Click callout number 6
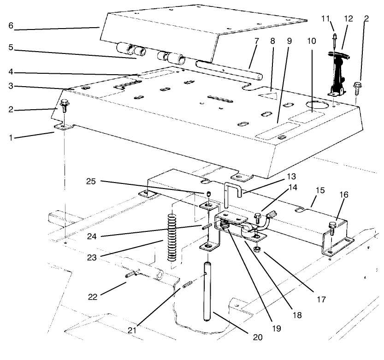click(x=10, y=27)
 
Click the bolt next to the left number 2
click(x=64, y=106)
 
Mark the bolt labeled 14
click(x=257, y=215)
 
